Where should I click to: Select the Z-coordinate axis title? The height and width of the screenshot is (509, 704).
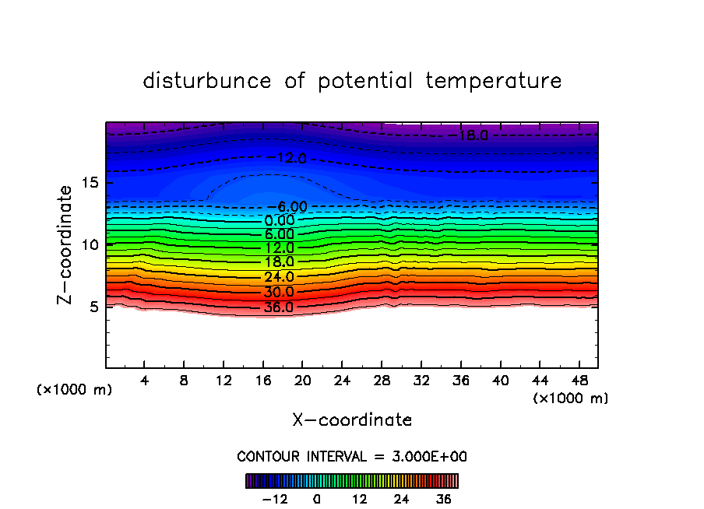pyautogui.click(x=67, y=244)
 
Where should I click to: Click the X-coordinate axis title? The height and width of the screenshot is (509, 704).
pyautogui.click(x=352, y=420)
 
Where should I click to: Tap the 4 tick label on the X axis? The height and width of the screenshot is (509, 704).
pyautogui.click(x=145, y=381)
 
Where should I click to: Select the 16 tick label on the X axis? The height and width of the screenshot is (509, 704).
pyautogui.click(x=263, y=381)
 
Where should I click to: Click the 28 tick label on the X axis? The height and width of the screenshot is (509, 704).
pyautogui.click(x=382, y=381)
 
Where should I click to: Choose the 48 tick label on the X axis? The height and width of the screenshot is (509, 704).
pyautogui.click(x=579, y=381)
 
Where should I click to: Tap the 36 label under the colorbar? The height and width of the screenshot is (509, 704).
pyautogui.click(x=443, y=499)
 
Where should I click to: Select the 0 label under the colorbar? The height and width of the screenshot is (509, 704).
pyautogui.click(x=316, y=499)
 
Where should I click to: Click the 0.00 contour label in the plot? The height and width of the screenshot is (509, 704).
pyautogui.click(x=280, y=220)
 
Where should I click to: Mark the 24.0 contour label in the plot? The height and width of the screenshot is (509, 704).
pyautogui.click(x=280, y=277)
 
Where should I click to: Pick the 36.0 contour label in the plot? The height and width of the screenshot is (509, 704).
pyautogui.click(x=280, y=307)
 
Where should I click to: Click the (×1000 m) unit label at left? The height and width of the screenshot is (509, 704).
pyautogui.click(x=75, y=390)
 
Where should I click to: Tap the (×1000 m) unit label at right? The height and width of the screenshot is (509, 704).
pyautogui.click(x=571, y=398)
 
